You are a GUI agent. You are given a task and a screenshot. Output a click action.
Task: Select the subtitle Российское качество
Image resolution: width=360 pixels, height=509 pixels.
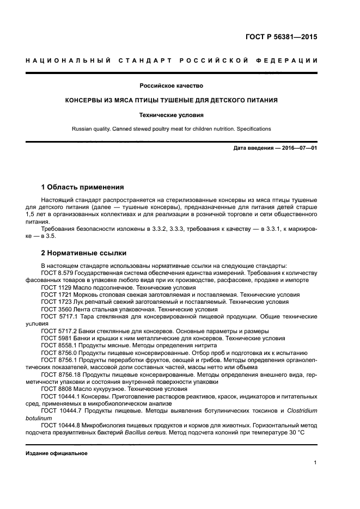click(172, 85)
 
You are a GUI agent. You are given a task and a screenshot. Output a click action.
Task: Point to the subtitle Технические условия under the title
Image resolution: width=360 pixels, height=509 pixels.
click(172, 115)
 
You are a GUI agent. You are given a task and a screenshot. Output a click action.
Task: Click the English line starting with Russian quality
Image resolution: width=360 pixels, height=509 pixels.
click(172, 129)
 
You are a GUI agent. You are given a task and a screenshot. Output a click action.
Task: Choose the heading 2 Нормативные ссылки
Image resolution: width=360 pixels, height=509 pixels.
click(83, 253)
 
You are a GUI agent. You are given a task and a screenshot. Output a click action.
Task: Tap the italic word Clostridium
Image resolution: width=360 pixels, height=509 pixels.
click(301, 410)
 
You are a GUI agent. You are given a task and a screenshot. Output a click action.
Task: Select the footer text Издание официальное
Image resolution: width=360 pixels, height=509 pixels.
click(57, 453)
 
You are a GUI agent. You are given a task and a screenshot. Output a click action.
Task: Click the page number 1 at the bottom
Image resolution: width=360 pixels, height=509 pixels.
click(315, 463)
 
